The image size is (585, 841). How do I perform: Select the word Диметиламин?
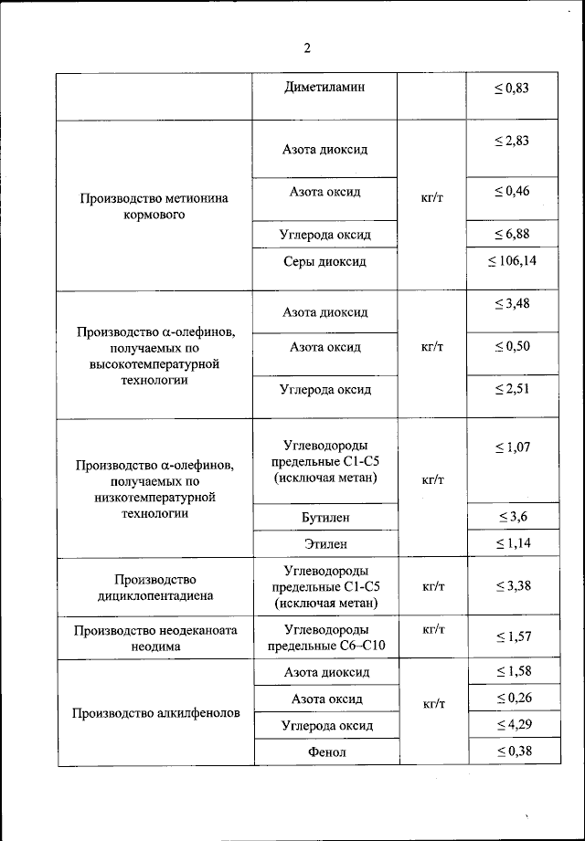(x=324, y=88)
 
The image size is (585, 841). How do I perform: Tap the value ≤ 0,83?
(x=512, y=88)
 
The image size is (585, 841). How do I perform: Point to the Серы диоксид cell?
(x=324, y=262)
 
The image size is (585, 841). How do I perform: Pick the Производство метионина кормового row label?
(x=154, y=206)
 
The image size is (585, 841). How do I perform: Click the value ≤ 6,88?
(x=512, y=235)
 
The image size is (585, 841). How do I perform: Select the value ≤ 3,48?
(x=512, y=304)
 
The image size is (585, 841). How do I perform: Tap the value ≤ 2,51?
(x=512, y=390)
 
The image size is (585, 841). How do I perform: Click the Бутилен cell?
(x=324, y=518)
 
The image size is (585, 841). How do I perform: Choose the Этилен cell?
(x=324, y=544)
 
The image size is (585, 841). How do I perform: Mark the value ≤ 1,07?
(x=512, y=447)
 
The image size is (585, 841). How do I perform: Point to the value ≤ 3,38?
(x=512, y=585)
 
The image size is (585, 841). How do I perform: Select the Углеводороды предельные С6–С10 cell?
(x=325, y=637)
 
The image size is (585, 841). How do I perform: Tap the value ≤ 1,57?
(x=512, y=636)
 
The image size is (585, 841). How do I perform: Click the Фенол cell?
(x=324, y=752)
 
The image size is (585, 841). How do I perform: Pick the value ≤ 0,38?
(x=512, y=752)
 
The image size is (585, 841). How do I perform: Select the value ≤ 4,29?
(x=512, y=725)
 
